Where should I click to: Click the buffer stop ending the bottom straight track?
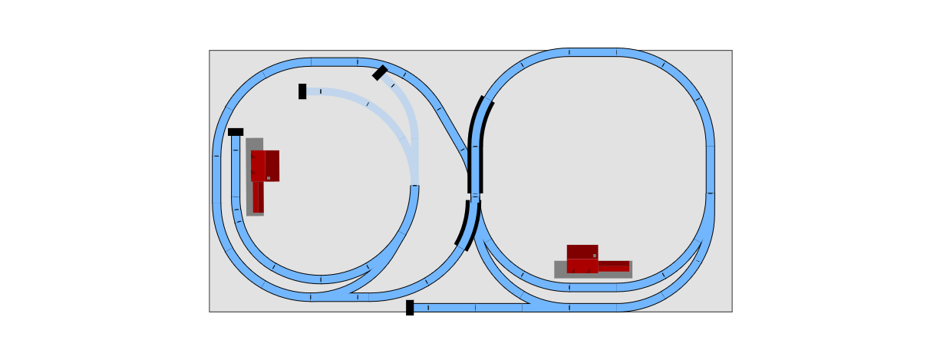coord(410,306)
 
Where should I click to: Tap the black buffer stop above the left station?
coord(236,132)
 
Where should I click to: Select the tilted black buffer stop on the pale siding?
coord(380,73)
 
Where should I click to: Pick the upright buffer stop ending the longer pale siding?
coord(302,91)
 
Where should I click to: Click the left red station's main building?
coord(266,165)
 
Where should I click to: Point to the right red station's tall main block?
coord(582,259)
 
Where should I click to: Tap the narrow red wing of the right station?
coord(614,266)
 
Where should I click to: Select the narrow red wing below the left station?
coord(258,197)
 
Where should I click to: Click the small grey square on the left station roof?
coord(269,178)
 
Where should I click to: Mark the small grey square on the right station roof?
coord(594,256)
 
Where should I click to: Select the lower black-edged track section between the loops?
coord(468,224)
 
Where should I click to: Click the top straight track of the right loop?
coord(592,52)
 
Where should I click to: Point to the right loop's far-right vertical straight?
coord(710,169)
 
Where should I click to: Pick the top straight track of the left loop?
coord(334,62)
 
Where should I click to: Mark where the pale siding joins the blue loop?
coord(415,185)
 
